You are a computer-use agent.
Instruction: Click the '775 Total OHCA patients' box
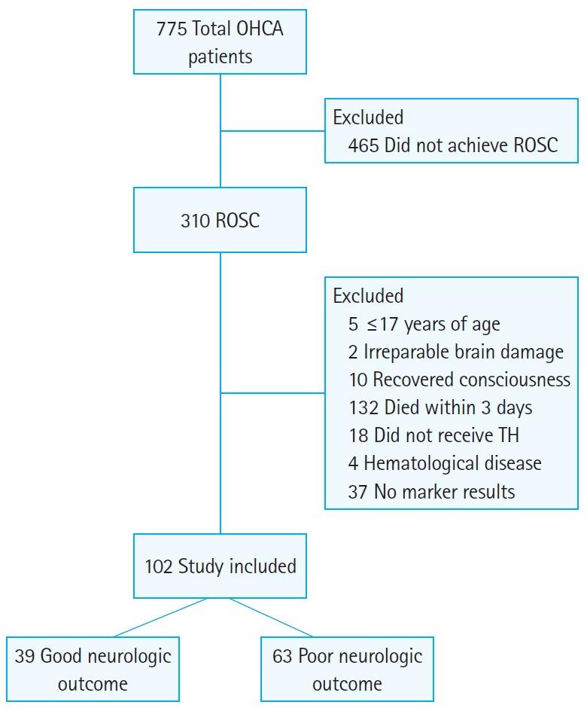pos(220,43)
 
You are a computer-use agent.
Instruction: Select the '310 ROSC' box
pos(220,220)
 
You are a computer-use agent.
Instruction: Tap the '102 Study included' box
pos(220,566)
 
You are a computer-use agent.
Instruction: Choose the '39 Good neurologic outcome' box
pos(93,669)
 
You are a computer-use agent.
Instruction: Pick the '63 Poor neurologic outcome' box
pos(347,669)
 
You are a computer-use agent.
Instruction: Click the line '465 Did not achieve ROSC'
pos(453,145)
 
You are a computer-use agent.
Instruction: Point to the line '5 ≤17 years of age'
pos(424,324)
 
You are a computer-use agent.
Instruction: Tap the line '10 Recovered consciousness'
pos(459,380)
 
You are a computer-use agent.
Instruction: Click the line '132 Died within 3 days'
pos(440,407)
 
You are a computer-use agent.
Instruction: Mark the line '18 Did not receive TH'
pos(433,435)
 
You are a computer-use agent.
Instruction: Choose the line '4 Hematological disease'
pos(445,463)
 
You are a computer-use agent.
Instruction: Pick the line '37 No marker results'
pos(432,491)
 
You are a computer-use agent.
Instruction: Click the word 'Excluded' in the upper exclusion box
pos(368,117)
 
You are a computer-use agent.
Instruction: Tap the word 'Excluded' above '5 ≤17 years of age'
pos(368,296)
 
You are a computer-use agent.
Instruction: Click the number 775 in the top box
pos(171,29)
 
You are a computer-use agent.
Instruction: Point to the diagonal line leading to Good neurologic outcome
pos(160,618)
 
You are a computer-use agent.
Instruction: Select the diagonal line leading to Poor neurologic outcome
pos(271,618)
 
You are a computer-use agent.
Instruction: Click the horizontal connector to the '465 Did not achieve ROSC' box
pos(272,130)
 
